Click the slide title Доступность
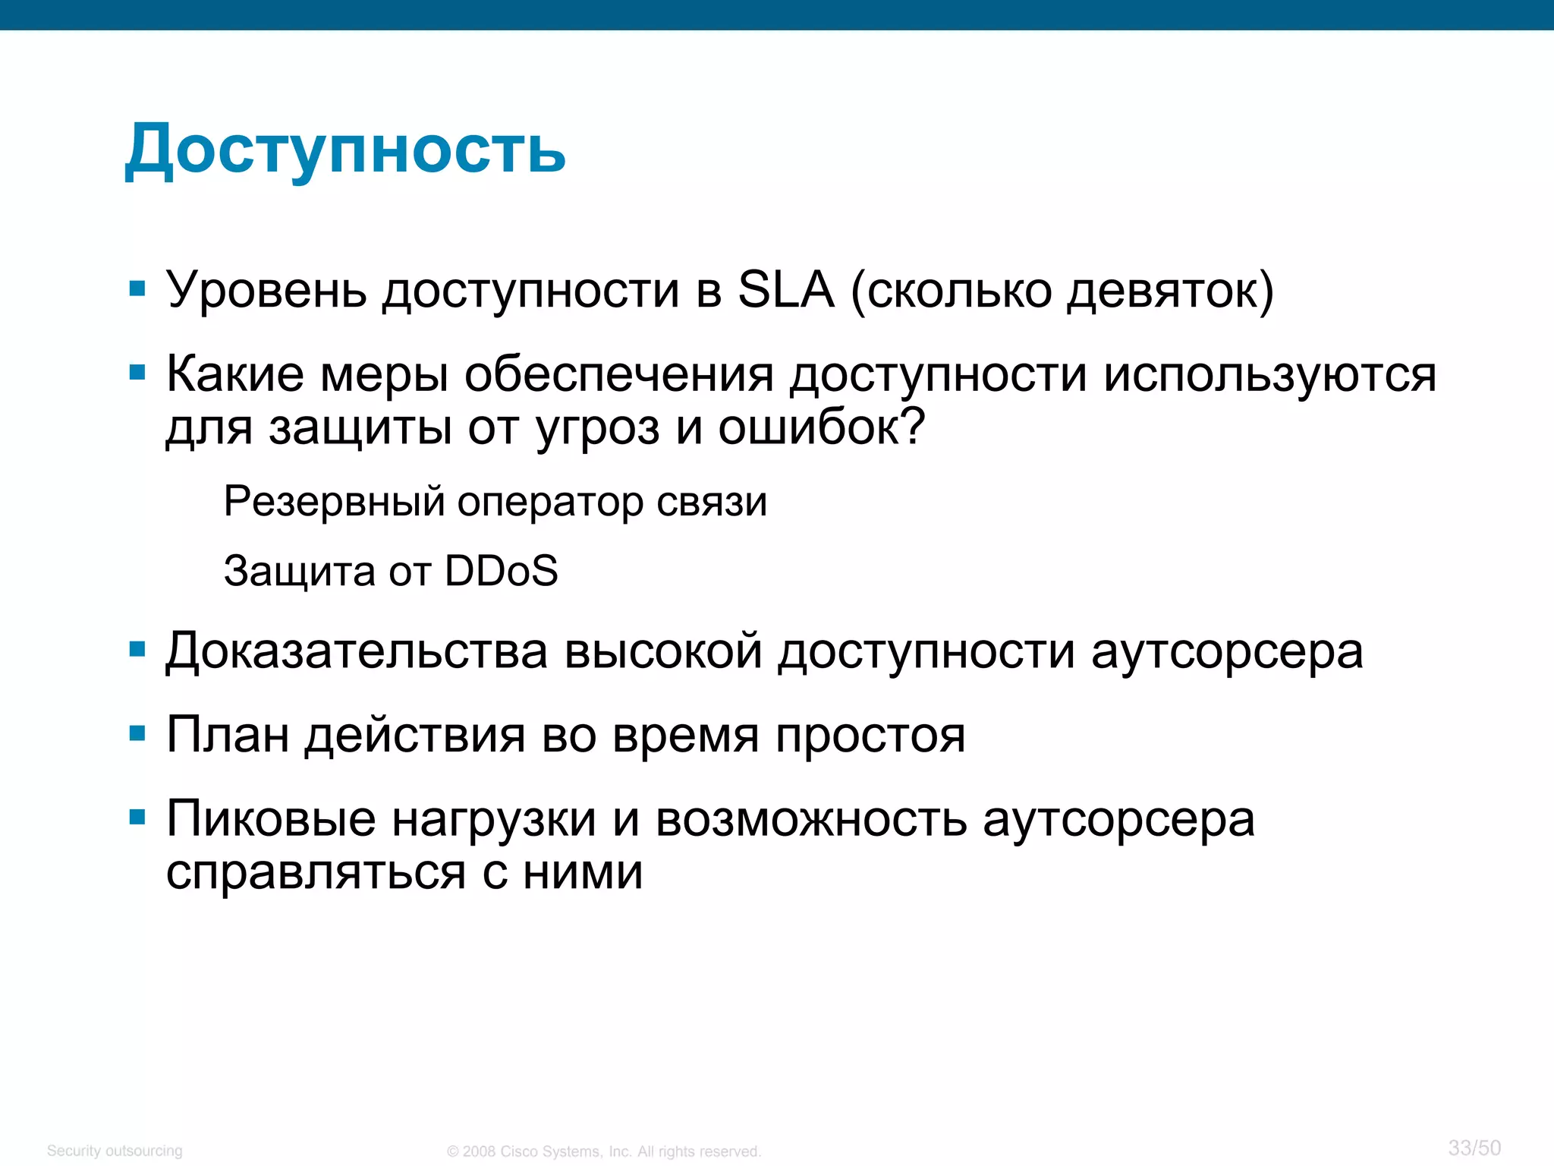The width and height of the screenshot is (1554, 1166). pos(345,149)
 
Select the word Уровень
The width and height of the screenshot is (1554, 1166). pos(266,291)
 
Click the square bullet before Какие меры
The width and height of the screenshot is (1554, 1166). pos(137,373)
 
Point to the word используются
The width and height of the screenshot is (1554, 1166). pos(1269,375)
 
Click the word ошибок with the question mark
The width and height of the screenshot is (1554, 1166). pos(822,427)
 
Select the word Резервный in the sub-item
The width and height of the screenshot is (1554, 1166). pos(334,502)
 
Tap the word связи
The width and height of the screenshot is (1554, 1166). pos(711,502)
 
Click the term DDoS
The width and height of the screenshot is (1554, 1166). pos(501,571)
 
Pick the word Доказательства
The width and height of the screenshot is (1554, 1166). pos(357,651)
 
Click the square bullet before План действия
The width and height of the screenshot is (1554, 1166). pos(137,734)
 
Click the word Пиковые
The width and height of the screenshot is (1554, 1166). pos(271,819)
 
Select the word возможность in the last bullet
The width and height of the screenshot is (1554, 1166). pos(811,819)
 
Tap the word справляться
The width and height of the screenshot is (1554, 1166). pos(316,873)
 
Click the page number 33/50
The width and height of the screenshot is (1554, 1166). pos(1474,1148)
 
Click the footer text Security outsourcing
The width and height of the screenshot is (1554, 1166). pos(115,1151)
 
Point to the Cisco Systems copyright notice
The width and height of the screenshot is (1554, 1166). pos(603,1152)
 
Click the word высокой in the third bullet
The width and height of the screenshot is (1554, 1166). pos(663,651)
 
